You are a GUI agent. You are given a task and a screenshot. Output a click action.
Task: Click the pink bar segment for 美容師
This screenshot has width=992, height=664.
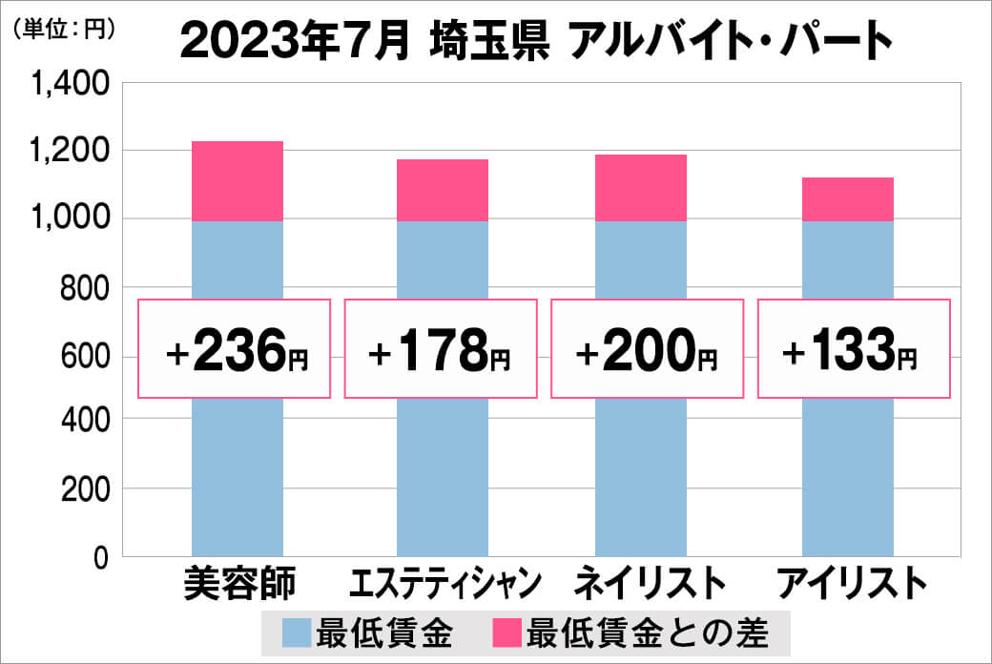238,181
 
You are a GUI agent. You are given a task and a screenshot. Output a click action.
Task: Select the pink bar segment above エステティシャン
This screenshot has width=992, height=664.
443,190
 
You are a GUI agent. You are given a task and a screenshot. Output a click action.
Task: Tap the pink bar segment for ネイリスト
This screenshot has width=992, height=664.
640,188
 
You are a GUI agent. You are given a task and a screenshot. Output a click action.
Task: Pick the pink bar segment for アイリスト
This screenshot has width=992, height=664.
847,199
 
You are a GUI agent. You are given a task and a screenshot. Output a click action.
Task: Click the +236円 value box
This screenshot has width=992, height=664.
236,349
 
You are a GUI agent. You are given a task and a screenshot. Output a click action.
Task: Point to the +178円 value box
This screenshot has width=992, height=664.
441,349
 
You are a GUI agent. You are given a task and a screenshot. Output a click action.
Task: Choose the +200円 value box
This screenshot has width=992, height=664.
648,349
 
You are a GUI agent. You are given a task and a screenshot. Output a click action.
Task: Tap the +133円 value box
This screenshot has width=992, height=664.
854,349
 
